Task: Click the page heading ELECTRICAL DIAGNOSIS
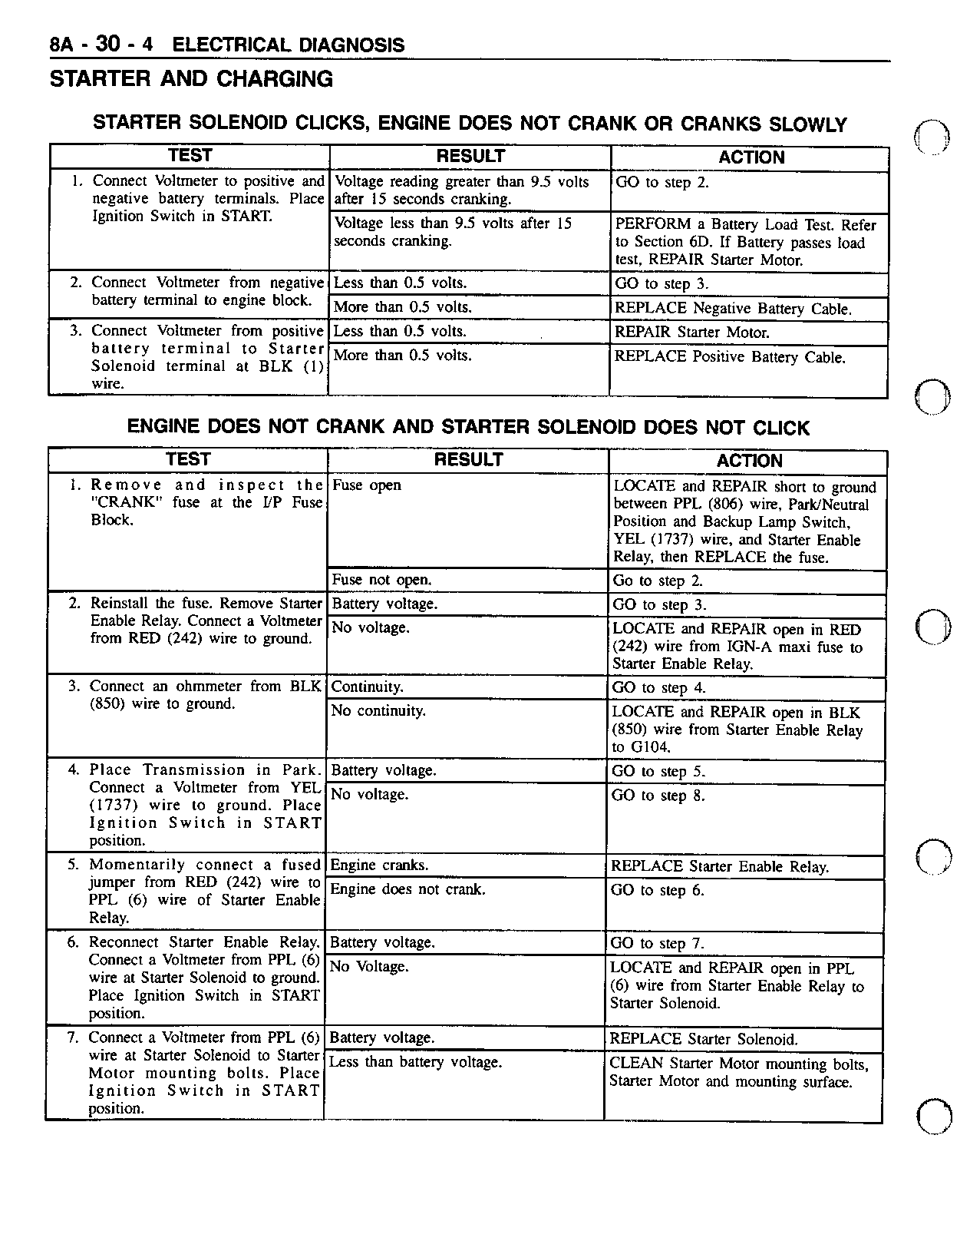(x=289, y=45)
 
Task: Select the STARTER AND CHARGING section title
(x=191, y=79)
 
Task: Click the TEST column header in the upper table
(x=190, y=156)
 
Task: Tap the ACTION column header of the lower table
(x=749, y=461)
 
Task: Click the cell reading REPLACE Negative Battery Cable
(x=733, y=309)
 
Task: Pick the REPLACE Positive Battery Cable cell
(x=730, y=357)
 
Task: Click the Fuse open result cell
(x=366, y=485)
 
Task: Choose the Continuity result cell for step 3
(x=367, y=687)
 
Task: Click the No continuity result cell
(x=378, y=711)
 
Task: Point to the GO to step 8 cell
(x=658, y=796)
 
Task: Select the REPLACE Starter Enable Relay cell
(x=719, y=867)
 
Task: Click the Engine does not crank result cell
(x=407, y=890)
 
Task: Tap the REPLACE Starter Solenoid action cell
(x=703, y=1040)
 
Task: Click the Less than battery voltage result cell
(x=415, y=1063)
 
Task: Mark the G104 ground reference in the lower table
(x=649, y=747)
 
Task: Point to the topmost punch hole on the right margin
(x=933, y=139)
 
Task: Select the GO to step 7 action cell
(x=657, y=944)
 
